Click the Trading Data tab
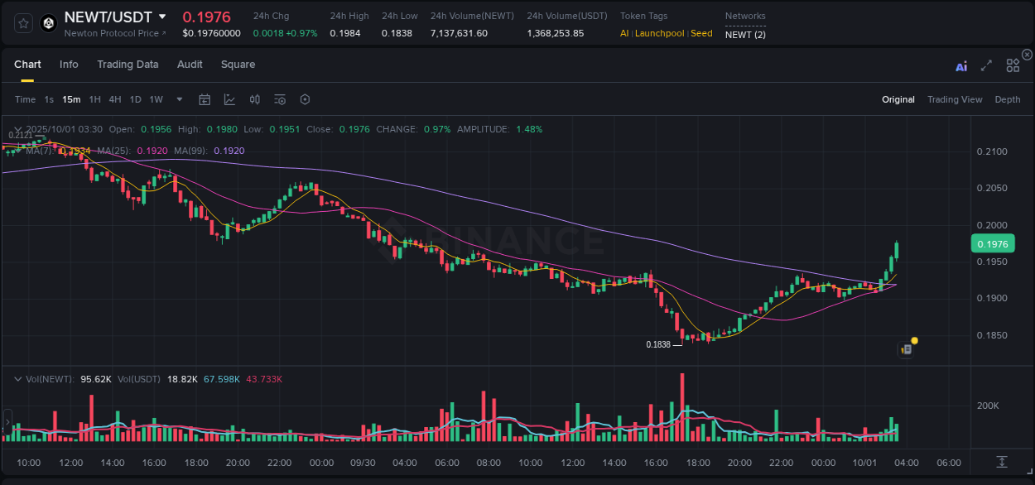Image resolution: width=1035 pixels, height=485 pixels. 128,65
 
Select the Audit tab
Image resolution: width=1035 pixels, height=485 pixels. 190,65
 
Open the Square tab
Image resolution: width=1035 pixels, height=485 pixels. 238,65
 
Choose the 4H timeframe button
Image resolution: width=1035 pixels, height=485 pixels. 115,99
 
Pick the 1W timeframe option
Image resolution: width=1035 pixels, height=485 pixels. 156,99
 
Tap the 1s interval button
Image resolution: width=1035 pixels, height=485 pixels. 49,99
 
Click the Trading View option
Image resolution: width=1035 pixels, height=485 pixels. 955,99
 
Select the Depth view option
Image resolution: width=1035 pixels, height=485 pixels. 1008,99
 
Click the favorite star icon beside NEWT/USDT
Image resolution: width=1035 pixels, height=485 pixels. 23,23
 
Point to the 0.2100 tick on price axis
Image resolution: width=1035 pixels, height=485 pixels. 992,151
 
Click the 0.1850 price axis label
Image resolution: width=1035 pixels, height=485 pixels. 992,335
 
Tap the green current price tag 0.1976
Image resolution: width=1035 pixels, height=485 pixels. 992,243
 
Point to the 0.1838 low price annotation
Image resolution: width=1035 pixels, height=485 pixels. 659,344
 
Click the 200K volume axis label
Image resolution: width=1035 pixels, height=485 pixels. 988,406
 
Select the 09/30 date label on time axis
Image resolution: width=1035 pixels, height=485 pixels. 362,463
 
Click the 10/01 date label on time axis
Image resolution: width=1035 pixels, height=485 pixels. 864,463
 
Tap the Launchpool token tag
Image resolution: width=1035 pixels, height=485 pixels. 659,33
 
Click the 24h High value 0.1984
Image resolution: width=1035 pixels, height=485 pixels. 344,33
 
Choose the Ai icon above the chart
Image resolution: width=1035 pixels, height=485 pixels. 961,66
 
